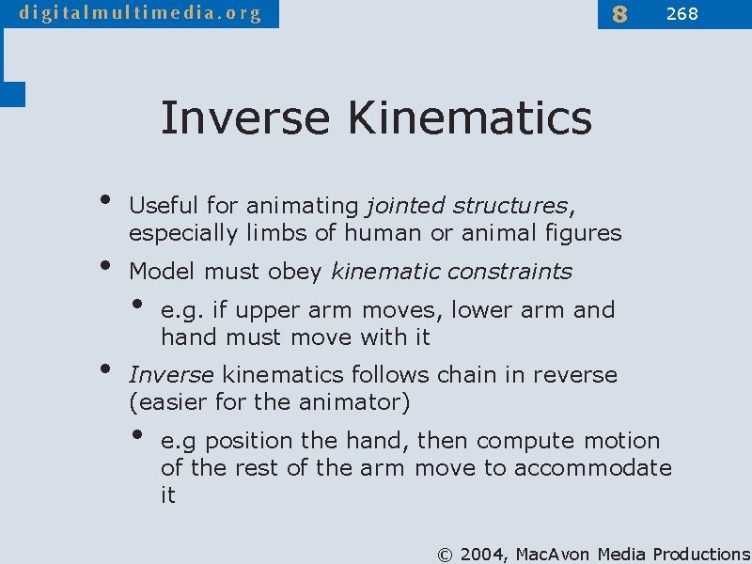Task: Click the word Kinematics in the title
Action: tap(469, 118)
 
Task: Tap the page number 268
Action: tap(681, 13)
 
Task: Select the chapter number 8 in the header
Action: tap(619, 14)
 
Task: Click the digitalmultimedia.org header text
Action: tap(139, 13)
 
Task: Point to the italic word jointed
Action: tap(405, 205)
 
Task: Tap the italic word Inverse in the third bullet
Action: tap(171, 375)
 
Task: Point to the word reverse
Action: tap(575, 375)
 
